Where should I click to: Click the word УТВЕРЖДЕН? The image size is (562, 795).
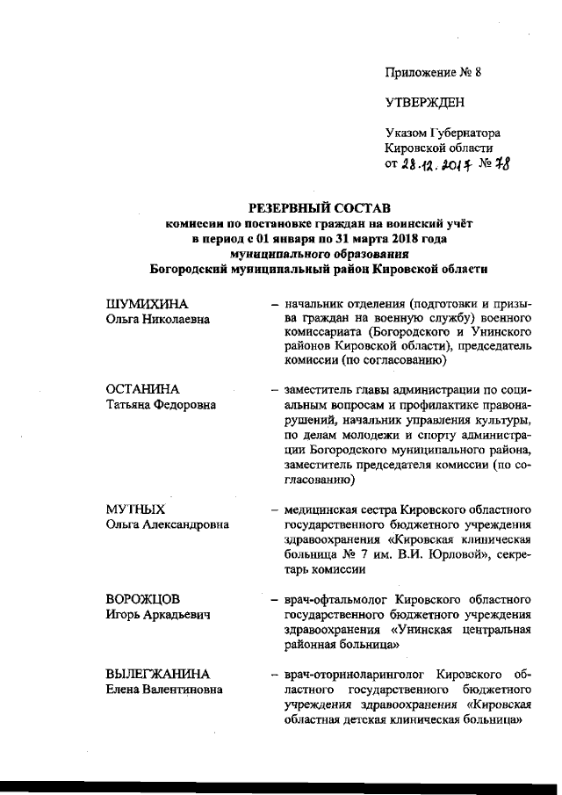pyautogui.click(x=423, y=103)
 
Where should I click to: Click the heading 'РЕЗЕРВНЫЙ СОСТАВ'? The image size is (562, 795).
pyautogui.click(x=317, y=208)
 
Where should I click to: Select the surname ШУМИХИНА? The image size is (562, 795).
pyautogui.click(x=147, y=304)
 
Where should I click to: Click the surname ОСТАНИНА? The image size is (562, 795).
pyautogui.click(x=142, y=389)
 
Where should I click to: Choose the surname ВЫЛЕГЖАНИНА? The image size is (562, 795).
pyautogui.click(x=158, y=673)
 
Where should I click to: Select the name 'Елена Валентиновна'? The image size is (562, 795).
pyautogui.click(x=163, y=690)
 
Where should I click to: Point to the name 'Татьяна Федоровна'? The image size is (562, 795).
pyautogui.click(x=162, y=405)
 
